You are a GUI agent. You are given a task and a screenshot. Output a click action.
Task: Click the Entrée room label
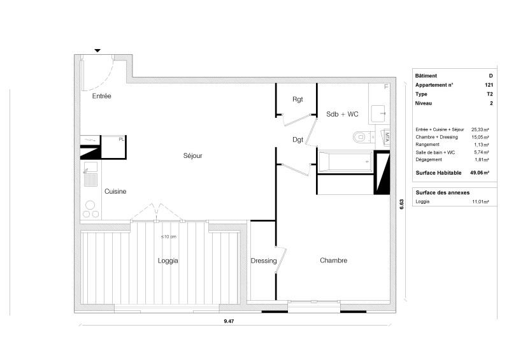[101, 96]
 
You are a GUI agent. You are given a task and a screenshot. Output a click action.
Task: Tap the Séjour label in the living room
[193, 156]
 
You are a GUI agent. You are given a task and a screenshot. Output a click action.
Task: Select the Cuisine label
[115, 191]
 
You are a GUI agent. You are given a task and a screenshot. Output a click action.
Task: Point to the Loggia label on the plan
[168, 261]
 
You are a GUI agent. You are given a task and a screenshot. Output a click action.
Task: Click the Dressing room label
[264, 261]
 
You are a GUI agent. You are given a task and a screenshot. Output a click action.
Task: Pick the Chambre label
[333, 261]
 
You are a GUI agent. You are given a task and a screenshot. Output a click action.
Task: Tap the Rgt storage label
[298, 99]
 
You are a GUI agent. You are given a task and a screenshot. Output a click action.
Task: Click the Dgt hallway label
[298, 140]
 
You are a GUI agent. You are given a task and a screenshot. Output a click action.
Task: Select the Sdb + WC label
[342, 114]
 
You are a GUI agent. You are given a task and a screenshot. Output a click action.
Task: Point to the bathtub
[345, 162]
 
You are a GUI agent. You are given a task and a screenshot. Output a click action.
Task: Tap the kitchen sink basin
[90, 168]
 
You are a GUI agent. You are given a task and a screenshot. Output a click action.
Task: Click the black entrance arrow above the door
[97, 50]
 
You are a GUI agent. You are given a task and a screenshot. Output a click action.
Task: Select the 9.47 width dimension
[229, 321]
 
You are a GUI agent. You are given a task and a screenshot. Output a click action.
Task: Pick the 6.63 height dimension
[401, 204]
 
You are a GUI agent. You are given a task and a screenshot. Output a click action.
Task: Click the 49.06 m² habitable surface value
[480, 173]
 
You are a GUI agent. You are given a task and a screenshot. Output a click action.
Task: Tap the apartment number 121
[489, 85]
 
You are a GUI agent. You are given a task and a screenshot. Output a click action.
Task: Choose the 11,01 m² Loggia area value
[480, 201]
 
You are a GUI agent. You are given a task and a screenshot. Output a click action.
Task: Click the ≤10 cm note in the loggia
[169, 236]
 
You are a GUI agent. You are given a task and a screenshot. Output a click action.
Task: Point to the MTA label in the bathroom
[387, 136]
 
